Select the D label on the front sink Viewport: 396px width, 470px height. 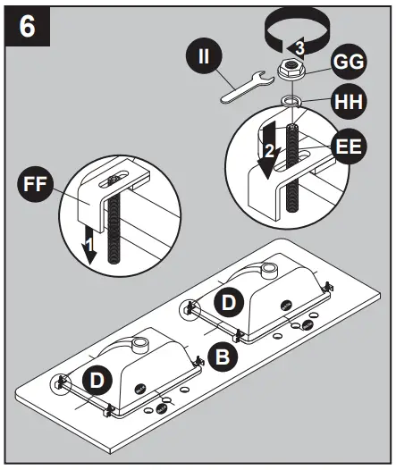97,381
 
